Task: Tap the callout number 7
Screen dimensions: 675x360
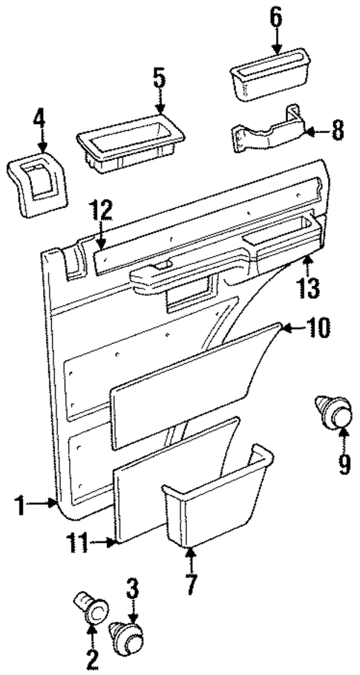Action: (x=190, y=584)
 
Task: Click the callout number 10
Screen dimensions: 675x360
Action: (x=318, y=327)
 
